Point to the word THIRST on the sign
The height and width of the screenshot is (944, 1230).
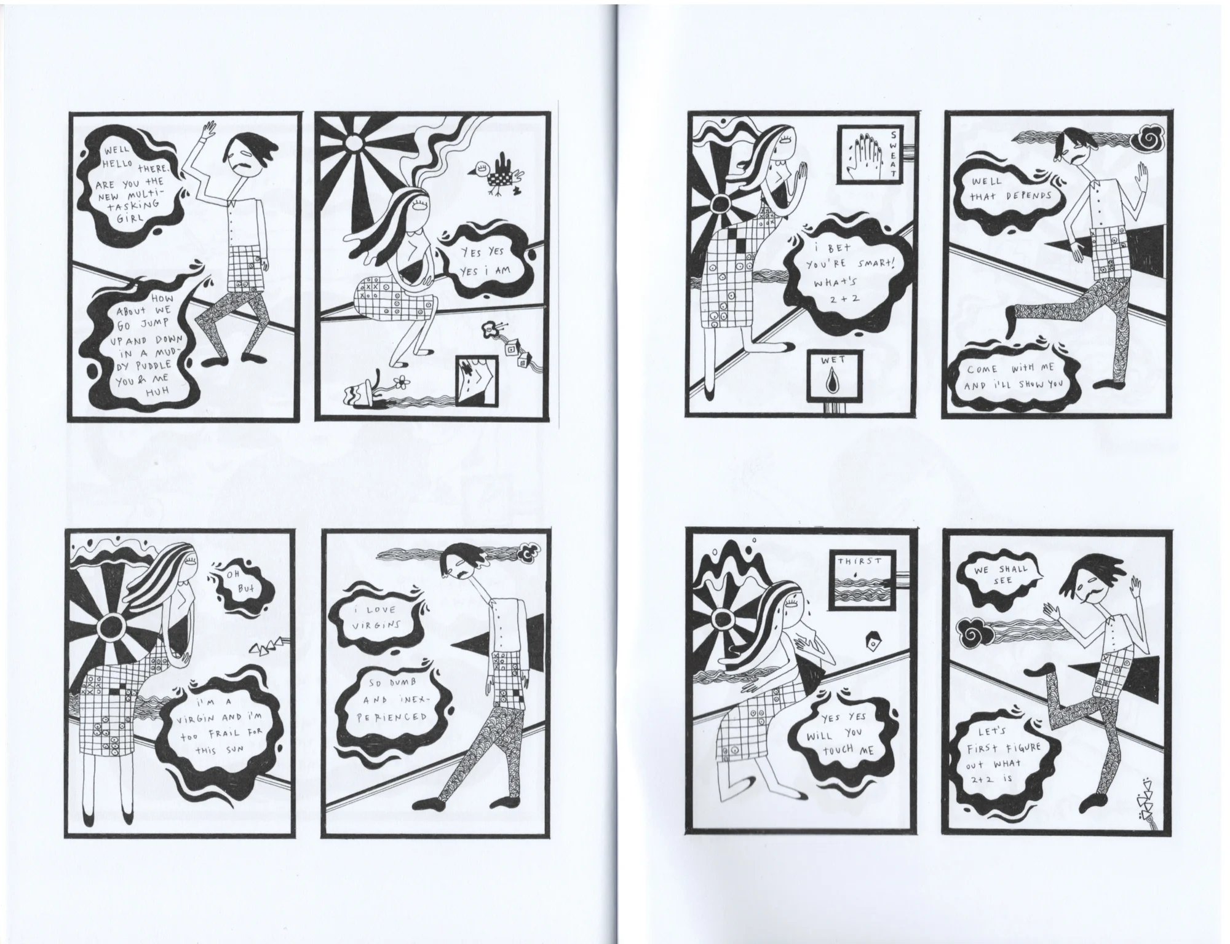[859, 560]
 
